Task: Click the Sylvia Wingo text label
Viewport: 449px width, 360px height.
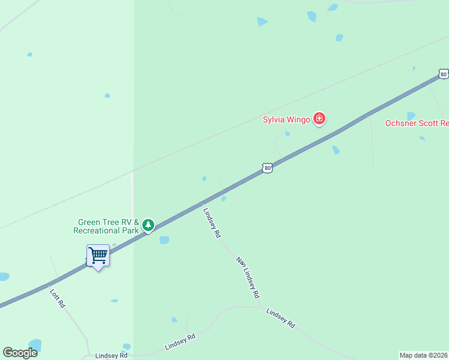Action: click(286, 119)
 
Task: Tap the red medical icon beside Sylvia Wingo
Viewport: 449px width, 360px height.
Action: click(319, 119)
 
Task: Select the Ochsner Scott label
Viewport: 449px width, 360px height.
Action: click(417, 123)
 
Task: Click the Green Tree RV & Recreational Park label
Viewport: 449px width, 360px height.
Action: click(106, 226)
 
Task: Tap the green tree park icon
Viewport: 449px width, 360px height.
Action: click(148, 226)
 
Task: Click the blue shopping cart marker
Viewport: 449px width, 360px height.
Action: click(98, 256)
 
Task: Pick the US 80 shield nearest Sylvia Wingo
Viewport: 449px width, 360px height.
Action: click(268, 168)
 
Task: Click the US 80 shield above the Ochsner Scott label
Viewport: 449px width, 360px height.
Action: click(443, 74)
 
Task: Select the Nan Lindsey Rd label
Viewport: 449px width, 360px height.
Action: click(248, 278)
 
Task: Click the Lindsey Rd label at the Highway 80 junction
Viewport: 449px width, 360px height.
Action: click(212, 223)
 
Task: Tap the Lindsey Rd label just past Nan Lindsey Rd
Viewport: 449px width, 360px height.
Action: click(280, 318)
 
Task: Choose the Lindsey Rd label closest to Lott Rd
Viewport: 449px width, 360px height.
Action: click(112, 355)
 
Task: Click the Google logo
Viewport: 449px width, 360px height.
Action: click(20, 353)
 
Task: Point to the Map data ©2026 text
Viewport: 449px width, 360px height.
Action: click(424, 355)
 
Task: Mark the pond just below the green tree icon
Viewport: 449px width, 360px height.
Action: click(164, 240)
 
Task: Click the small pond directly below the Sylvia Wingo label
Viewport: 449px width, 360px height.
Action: click(288, 134)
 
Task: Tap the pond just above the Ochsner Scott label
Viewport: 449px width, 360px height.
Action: click(411, 115)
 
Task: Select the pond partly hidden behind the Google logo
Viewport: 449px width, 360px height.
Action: click(35, 345)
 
